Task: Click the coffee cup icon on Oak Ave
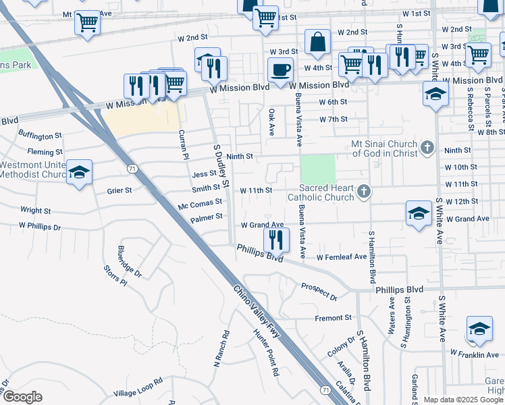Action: [280, 69]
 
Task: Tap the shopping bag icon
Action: [317, 42]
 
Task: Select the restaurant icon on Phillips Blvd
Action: [276, 239]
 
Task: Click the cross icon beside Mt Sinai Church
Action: [426, 146]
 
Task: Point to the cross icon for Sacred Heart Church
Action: [364, 192]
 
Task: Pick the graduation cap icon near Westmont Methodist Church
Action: [79, 172]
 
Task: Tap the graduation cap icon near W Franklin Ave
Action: [479, 329]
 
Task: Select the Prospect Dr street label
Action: [319, 292]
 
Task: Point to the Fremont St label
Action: [334, 317]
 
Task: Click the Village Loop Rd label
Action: [138, 386]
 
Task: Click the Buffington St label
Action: [40, 135]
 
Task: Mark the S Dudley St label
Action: [221, 165]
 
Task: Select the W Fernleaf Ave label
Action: [342, 256]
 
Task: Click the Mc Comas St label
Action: [200, 203]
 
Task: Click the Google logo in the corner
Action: [22, 397]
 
